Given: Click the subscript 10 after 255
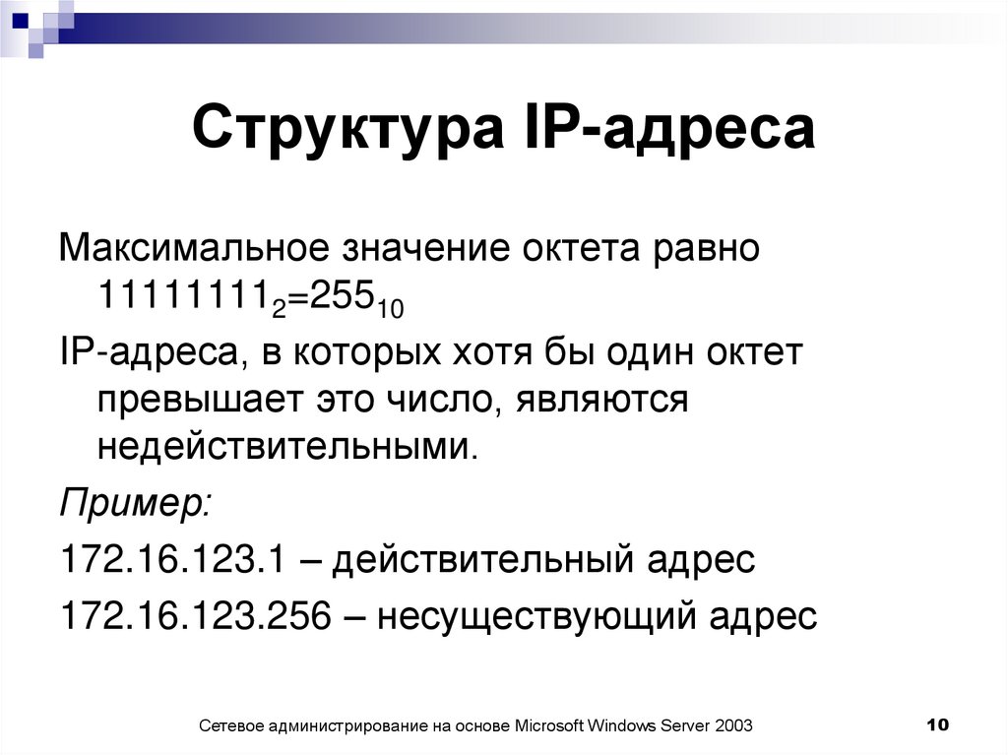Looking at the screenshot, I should pyautogui.click(x=390, y=308).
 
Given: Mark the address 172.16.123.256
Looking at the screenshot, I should pyautogui.click(x=195, y=616).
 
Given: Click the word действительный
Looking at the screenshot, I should pyautogui.click(x=481, y=560).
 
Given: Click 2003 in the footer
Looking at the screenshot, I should pyautogui.click(x=734, y=725).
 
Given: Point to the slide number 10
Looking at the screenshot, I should pyautogui.click(x=936, y=724).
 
